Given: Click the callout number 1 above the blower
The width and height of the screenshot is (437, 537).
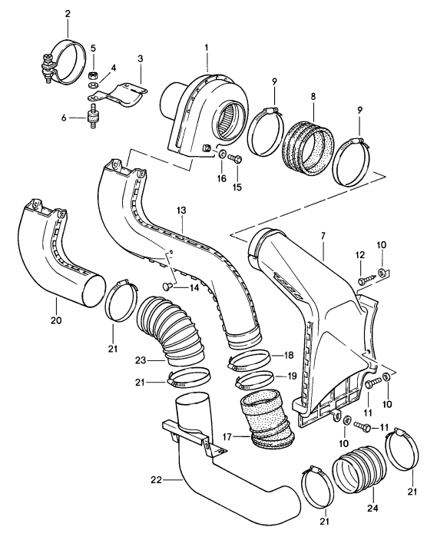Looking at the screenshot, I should (x=206, y=48).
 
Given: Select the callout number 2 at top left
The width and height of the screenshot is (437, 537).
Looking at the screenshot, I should (x=68, y=14).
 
